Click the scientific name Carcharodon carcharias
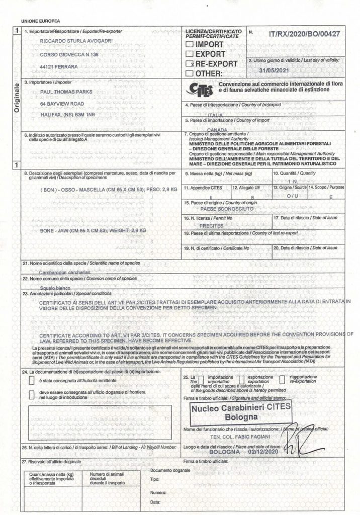62,270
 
